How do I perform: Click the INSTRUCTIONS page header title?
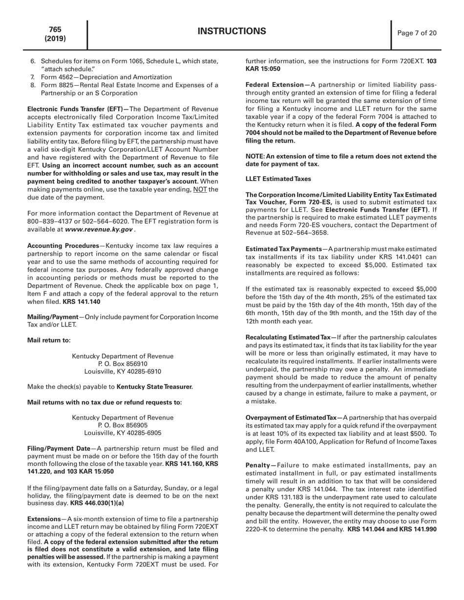point(232,32)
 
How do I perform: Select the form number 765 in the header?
point(55,30)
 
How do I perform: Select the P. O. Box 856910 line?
point(123,364)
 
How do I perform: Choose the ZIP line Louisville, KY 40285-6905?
point(123,433)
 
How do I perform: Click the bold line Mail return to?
point(49,340)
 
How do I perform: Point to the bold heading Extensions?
point(44,519)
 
